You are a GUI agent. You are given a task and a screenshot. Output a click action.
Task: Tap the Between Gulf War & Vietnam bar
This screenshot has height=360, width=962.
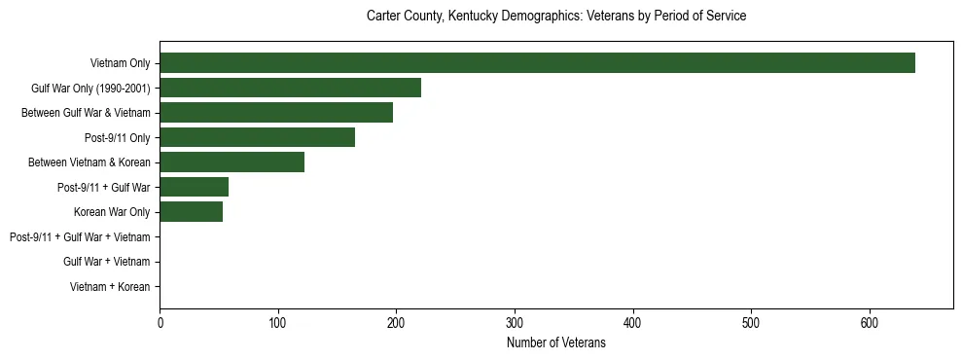pos(276,113)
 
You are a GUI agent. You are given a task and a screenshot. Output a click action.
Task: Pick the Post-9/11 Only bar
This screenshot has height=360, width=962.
pos(257,137)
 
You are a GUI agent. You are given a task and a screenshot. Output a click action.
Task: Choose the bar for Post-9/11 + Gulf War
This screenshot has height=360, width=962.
pos(194,187)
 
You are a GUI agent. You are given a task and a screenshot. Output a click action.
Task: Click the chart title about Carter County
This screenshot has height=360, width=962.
pos(555,17)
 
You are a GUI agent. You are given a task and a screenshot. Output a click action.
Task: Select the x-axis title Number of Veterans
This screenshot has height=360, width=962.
pos(555,342)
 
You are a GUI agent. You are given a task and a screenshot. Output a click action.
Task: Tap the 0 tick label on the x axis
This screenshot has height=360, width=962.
pos(160,324)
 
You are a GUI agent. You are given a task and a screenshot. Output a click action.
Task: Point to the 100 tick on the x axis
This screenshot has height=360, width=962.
pos(278,324)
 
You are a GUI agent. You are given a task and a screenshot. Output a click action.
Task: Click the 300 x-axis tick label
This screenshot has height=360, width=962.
pos(515,324)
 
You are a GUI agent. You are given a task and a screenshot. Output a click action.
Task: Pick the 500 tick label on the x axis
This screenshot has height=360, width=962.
pos(751,324)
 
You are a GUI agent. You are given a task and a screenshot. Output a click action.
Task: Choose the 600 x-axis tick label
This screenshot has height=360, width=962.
pos(870,324)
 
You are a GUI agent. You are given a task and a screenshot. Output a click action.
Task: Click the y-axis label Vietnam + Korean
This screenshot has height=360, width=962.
pos(110,287)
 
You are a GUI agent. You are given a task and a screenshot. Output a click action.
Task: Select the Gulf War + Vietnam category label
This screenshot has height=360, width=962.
pos(107,262)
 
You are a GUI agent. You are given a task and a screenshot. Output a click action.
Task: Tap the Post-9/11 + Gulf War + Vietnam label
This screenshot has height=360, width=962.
pos(80,237)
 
